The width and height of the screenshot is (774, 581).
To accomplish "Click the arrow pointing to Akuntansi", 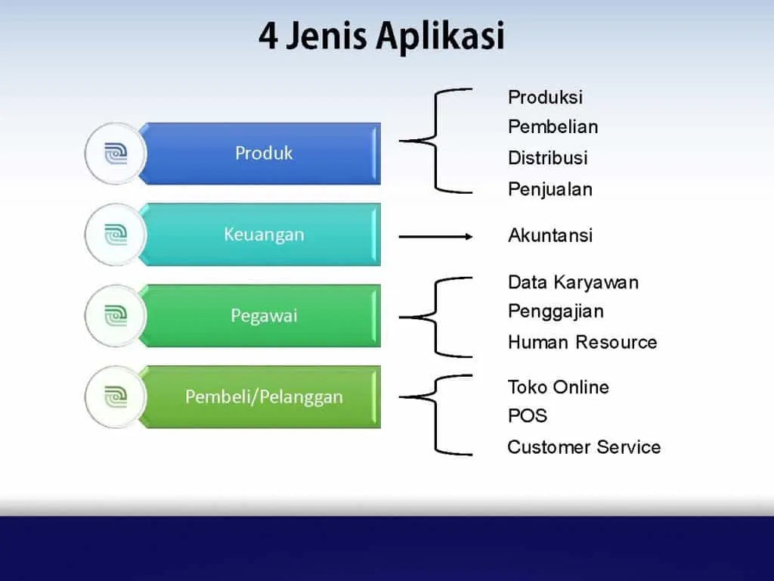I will click(435, 237).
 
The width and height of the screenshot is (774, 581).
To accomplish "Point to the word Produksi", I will click(545, 98).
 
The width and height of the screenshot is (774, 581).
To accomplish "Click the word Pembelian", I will click(553, 127).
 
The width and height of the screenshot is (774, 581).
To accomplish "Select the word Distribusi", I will click(547, 158).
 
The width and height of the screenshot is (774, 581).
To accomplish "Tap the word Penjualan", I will click(550, 189).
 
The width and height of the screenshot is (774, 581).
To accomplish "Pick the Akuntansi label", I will click(550, 235).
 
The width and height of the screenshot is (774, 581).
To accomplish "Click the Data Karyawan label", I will click(573, 283).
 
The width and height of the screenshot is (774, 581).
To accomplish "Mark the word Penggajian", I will click(556, 312).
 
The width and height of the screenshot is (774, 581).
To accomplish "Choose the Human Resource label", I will click(582, 343).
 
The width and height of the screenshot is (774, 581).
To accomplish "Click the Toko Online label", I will click(558, 387).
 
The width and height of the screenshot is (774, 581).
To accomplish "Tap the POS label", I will click(527, 416).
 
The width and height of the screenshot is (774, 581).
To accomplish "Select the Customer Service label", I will click(584, 447).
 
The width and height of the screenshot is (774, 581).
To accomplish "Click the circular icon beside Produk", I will click(115, 154).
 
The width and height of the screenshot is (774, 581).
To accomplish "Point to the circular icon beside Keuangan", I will click(115, 235).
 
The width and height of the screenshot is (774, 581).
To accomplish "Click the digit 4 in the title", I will click(268, 36).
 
